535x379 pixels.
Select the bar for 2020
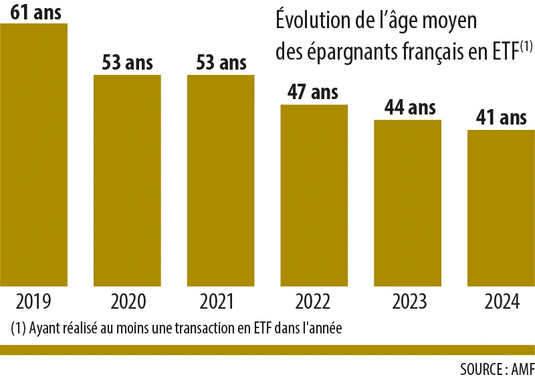[127, 181]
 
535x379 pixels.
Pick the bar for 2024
[501, 208]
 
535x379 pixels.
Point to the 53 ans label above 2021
[221, 63]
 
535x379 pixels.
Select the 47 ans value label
[314, 92]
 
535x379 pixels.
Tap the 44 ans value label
[407, 107]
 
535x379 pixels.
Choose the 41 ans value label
[501, 119]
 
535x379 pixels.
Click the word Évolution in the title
[308, 21]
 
